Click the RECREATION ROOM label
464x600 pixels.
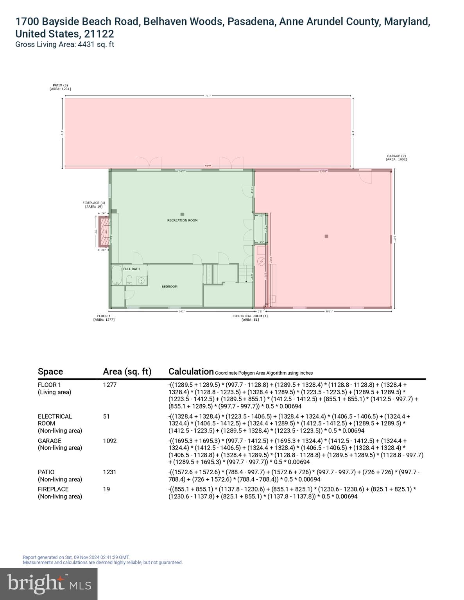pos(182,220)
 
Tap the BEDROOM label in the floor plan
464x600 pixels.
pos(169,286)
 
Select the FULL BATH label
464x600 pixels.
pos(131,269)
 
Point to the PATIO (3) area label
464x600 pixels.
pos(60,87)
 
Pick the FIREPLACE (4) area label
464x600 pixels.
pos(94,204)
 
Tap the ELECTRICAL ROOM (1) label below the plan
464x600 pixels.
pos(250,318)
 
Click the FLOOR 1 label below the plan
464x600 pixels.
pos(104,318)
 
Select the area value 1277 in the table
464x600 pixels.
pos(110,385)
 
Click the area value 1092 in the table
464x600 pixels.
pos(110,441)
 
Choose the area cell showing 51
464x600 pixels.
pos(106,416)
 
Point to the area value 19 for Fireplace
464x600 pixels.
pos(106,489)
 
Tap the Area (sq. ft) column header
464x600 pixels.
pos(127,371)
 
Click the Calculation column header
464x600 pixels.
pos(191,371)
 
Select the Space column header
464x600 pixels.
pos(50,371)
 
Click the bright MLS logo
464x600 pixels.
pos(49,584)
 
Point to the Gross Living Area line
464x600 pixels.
pos(64,45)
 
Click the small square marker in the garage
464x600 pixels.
pos(326,236)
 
